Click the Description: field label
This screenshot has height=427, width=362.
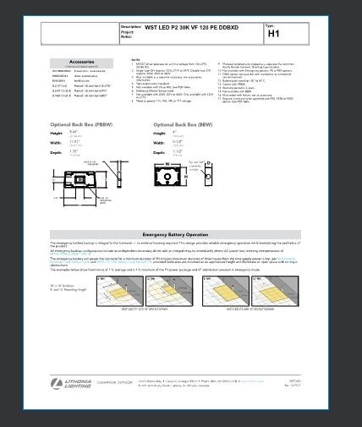pyautogui.click(x=134, y=27)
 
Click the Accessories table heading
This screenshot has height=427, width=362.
pyautogui.click(x=81, y=62)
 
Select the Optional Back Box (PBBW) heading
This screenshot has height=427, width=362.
pyautogui.click(x=82, y=125)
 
